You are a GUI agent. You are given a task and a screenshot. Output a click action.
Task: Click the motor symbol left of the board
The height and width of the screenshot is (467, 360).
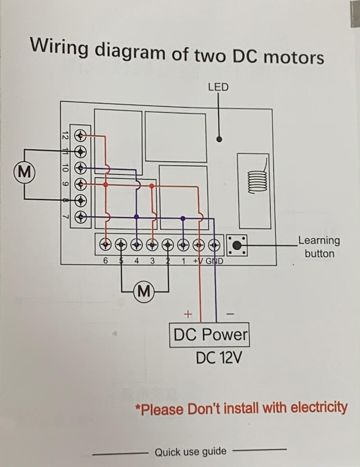[24, 171]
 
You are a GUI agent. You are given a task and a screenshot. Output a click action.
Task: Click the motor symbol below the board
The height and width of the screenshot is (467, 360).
[144, 291]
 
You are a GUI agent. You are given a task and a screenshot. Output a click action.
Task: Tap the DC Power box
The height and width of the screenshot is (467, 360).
[209, 335]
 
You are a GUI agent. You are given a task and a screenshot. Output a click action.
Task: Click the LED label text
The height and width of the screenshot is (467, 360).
[218, 87]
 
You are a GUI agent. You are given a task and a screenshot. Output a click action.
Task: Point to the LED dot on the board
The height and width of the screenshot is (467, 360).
[219, 139]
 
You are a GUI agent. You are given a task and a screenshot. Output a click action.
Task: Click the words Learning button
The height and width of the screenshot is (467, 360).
[319, 247]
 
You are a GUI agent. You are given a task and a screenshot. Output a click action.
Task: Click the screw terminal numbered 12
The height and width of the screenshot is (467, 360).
[81, 136]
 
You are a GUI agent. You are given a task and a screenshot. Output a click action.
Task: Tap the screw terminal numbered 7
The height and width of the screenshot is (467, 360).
[81, 218]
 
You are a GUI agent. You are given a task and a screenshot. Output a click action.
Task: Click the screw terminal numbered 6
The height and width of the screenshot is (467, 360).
[106, 244]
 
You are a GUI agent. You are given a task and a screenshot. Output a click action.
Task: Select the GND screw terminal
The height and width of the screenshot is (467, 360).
[215, 244]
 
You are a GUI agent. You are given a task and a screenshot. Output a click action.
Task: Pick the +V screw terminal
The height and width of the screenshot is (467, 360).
[199, 244]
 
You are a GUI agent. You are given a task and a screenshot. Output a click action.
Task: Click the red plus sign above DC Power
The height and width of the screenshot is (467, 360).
[187, 314]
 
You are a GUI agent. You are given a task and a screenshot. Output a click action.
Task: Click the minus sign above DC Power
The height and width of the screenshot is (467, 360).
[230, 314]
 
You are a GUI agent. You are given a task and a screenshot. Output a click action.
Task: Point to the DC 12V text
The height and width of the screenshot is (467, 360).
[218, 358]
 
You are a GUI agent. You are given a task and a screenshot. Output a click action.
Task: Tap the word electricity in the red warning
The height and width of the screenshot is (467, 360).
[319, 407]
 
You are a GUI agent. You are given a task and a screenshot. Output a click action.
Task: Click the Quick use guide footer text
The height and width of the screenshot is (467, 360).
[190, 452]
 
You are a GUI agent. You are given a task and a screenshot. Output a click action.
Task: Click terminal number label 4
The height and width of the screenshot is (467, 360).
[136, 261]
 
